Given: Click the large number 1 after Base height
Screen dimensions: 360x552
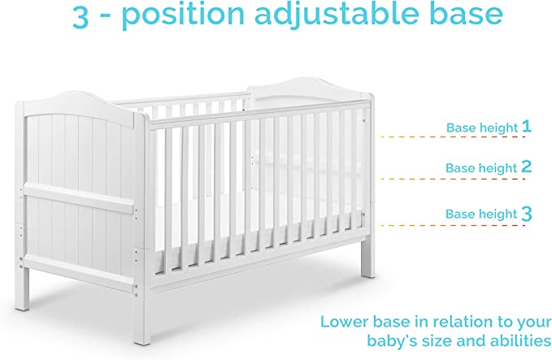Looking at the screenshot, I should [x=527, y=126].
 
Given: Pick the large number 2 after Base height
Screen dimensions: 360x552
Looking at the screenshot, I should [x=527, y=167].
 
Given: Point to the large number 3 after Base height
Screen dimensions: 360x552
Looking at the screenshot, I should [x=527, y=214].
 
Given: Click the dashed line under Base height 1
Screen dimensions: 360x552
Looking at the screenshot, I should [x=455, y=137].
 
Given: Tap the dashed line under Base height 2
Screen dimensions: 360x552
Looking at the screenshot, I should [x=455, y=179].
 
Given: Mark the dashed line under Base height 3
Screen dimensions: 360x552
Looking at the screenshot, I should [x=455, y=225].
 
